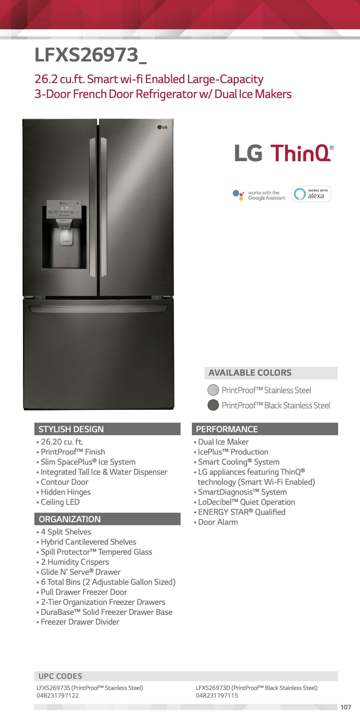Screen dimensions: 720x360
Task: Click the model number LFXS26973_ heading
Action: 90,55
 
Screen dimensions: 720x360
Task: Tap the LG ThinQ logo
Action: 284,153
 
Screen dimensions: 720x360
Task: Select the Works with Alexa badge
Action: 311,194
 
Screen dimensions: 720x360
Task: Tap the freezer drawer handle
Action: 98,308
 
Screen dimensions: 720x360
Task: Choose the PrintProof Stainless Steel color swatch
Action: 213,390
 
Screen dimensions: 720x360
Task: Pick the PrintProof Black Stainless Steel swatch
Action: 213,405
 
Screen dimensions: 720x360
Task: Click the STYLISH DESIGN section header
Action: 107,429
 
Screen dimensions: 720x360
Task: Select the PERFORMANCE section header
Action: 265,429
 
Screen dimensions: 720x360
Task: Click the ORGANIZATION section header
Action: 107,519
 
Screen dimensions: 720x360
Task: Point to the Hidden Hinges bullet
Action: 66,492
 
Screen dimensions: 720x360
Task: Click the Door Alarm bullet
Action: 218,522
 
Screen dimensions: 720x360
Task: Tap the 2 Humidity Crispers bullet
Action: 75,562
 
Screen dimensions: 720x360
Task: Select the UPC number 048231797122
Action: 58,695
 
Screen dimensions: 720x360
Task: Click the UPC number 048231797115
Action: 217,695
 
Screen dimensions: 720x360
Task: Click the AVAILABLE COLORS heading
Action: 250,373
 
